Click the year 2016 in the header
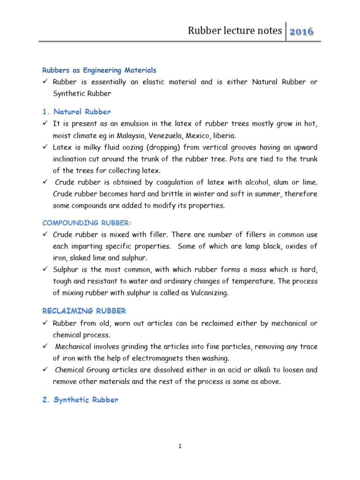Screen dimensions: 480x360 click(x=301, y=32)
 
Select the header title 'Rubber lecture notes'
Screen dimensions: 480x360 click(x=235, y=31)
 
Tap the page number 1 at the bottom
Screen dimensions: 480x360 click(x=180, y=447)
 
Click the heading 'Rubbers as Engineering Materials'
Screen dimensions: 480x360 click(x=99, y=70)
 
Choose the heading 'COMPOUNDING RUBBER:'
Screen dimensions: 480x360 click(x=83, y=223)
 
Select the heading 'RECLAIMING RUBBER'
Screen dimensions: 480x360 click(x=84, y=311)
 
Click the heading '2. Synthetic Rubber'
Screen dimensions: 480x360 click(x=80, y=400)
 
